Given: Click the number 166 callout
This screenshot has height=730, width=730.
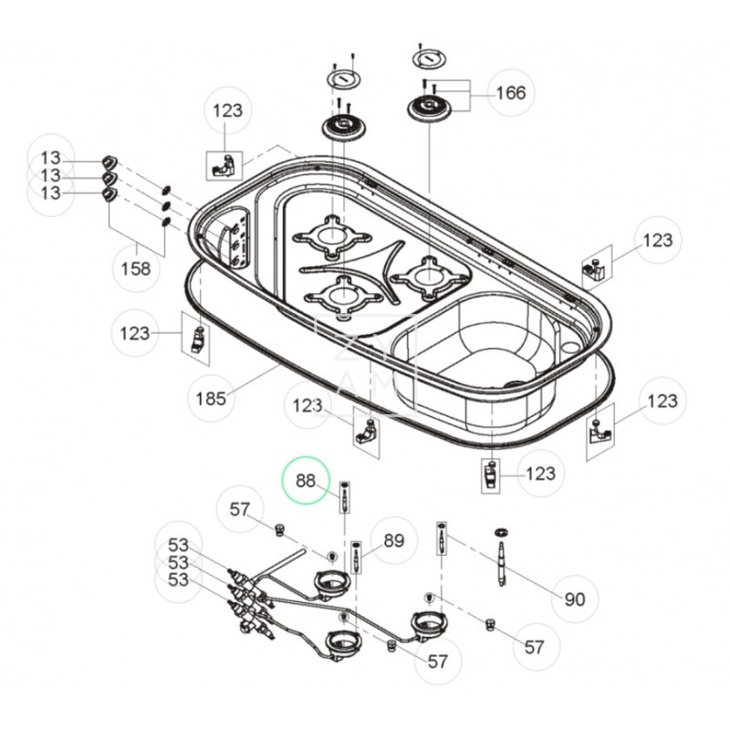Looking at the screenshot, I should coord(511,92).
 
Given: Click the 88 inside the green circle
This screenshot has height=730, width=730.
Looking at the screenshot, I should coord(304,480).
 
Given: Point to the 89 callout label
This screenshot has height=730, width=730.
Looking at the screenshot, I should coord(393,540).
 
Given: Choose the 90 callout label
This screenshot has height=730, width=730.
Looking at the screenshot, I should coord(575,600).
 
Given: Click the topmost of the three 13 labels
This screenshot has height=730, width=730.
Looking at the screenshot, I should coord(50,159).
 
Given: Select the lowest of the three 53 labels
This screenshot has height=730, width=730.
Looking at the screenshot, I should coord(178,579).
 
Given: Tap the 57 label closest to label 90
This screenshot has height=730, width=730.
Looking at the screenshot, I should coord(535,647).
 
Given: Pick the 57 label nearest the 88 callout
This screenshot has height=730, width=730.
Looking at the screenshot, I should coord(240,511).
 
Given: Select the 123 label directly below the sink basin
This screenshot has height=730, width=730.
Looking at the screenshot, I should coord(541,474).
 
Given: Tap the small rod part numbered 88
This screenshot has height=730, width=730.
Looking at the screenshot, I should coord(345,498).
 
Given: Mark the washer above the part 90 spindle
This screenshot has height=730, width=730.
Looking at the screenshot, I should coord(501,531).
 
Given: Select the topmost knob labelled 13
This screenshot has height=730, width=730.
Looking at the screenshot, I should coord(109,162).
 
